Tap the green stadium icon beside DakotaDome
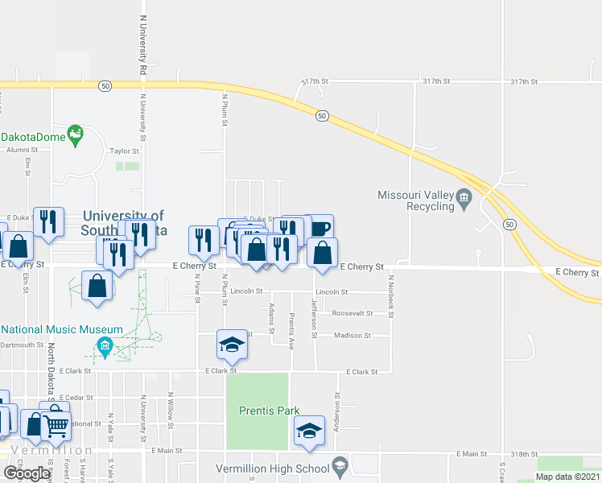(x=76, y=134)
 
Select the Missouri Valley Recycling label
(x=416, y=200)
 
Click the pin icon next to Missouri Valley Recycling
(x=464, y=197)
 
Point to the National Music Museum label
(x=62, y=330)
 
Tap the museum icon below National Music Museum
(x=104, y=347)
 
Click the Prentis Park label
(x=269, y=411)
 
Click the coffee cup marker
(x=319, y=228)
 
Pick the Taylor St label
(x=125, y=151)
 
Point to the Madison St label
(x=352, y=336)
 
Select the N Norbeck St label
(x=391, y=295)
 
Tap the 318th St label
(x=523, y=454)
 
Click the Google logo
(x=27, y=473)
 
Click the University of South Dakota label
(x=124, y=222)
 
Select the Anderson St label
(x=337, y=411)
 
